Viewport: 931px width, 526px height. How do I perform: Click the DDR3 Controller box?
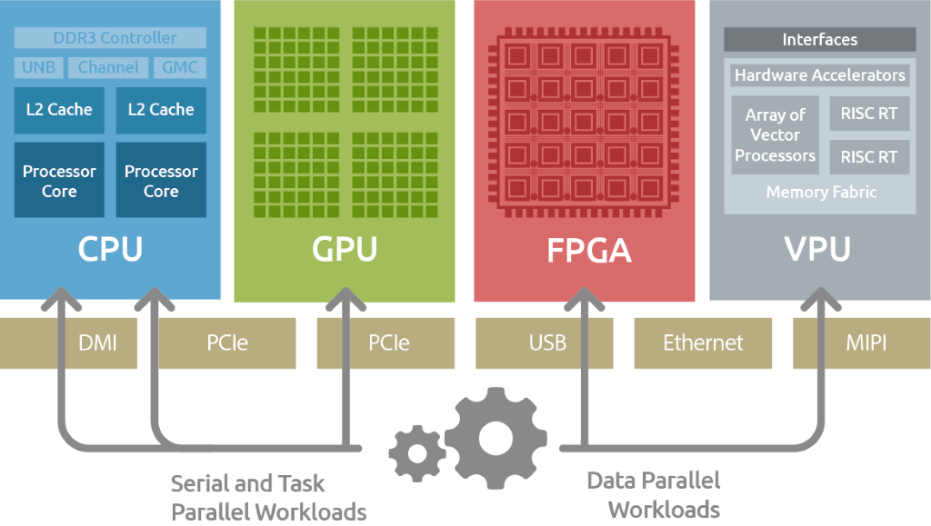pos(111,38)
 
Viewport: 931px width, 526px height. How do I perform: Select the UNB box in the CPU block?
pos(38,67)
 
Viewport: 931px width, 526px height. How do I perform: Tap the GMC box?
pos(179,67)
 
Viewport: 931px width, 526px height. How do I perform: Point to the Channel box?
pos(108,67)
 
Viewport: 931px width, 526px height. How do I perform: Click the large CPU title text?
pos(110,248)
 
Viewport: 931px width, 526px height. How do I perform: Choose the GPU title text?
pos(345,248)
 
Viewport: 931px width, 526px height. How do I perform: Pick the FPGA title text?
pos(585,249)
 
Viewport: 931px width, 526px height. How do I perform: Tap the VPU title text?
pos(818,248)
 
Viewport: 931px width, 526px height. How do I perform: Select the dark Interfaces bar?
pos(819,40)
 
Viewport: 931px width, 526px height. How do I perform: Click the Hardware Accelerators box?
pos(819,75)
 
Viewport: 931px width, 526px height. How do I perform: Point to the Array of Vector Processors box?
pos(775,135)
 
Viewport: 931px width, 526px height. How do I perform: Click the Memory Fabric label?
pos(821,192)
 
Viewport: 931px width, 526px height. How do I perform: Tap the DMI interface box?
pos(97,342)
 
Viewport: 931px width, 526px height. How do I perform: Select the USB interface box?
pos(547,342)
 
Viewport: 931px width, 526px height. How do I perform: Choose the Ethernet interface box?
pos(703,342)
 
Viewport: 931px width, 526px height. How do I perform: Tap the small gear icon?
pos(417,452)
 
